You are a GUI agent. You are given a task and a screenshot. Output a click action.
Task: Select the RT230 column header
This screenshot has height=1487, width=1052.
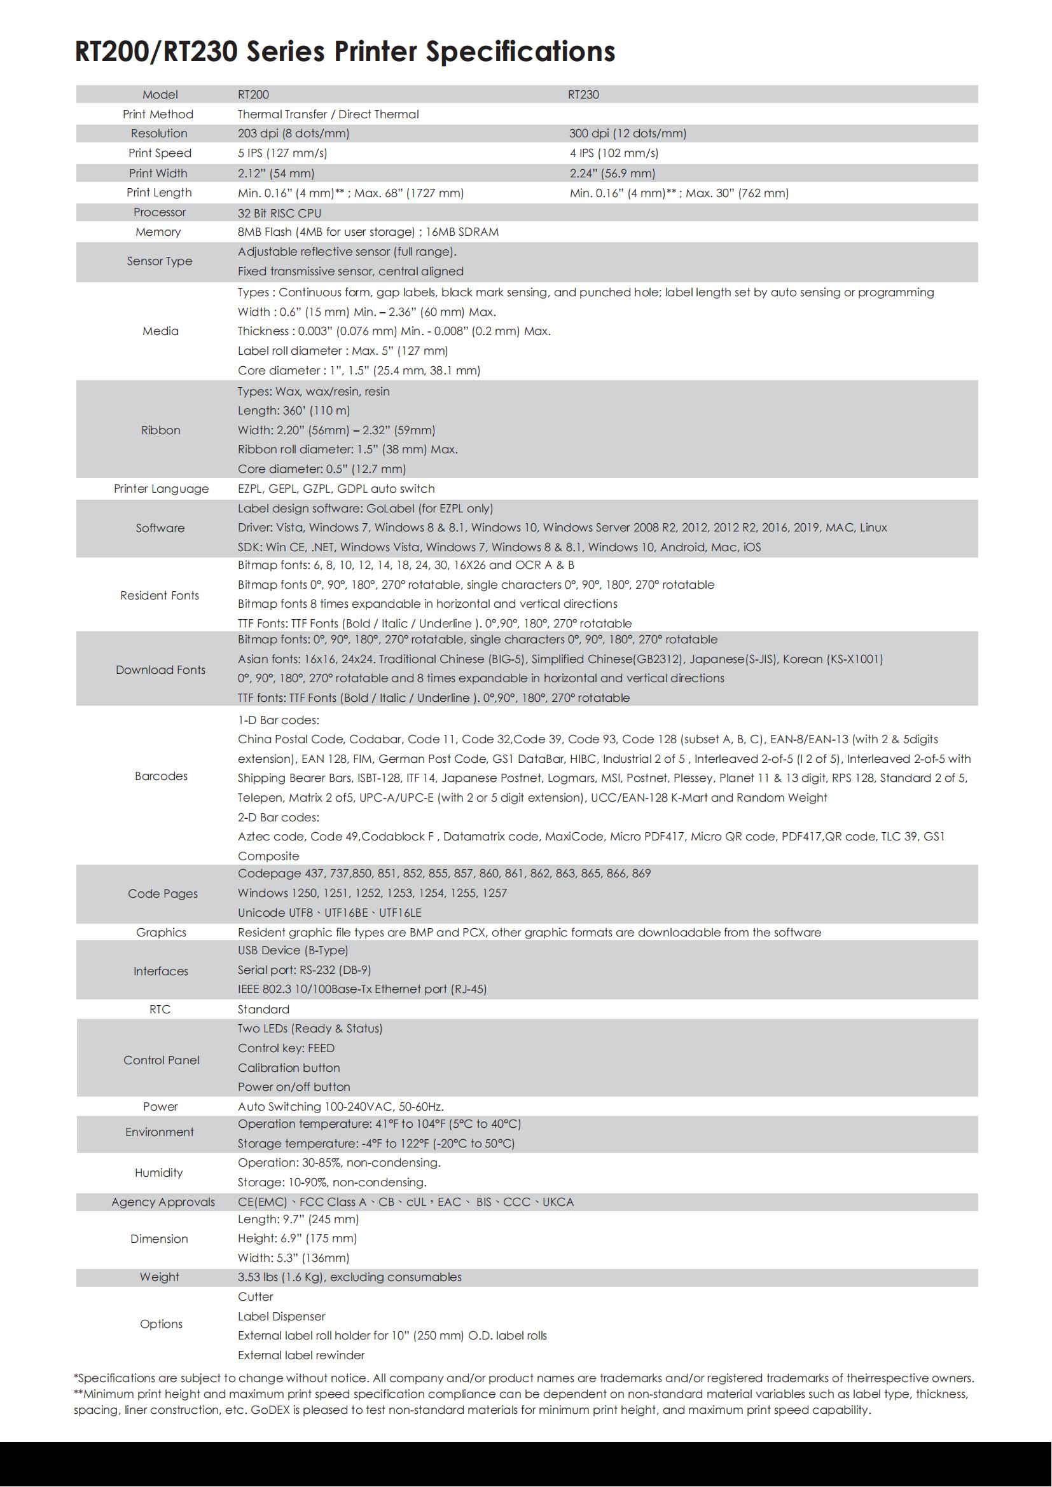coord(583,95)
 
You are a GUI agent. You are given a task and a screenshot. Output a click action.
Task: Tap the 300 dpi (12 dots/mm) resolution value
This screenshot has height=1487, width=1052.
coord(627,134)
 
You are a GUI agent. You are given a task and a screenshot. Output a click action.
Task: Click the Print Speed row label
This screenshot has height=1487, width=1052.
coord(160,153)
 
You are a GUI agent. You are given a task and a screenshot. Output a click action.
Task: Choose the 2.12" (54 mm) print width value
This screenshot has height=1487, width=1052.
coord(275,173)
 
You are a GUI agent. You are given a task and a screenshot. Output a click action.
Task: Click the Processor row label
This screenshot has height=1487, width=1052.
coord(160,212)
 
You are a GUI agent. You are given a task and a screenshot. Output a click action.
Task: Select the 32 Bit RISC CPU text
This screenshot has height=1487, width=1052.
coord(279,213)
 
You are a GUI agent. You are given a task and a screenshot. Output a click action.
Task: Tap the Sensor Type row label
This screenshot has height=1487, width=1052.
coord(160,261)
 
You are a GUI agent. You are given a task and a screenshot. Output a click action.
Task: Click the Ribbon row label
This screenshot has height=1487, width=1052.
coord(160,430)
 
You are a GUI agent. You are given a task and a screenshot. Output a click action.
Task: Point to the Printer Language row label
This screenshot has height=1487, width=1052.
coord(162,488)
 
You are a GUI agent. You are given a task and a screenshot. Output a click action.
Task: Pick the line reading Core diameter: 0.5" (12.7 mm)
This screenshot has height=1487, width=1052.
coord(321,469)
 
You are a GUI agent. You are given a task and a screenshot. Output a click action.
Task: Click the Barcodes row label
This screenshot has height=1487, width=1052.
coord(161,776)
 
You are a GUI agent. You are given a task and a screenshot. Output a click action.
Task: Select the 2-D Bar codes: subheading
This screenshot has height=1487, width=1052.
coord(278,818)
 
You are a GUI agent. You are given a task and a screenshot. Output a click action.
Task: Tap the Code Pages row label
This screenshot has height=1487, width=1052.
coord(162,894)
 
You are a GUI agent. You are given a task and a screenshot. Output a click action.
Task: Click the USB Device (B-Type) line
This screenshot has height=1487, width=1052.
coord(293,950)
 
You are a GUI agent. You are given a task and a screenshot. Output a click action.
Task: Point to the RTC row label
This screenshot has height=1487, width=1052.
coord(160,1009)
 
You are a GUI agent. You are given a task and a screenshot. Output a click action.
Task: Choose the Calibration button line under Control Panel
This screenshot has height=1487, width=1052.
coord(288,1067)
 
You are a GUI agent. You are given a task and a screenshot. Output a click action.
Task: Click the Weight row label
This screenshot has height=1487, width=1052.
coord(160,1277)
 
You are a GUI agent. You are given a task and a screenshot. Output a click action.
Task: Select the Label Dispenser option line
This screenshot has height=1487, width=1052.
coord(281,1316)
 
